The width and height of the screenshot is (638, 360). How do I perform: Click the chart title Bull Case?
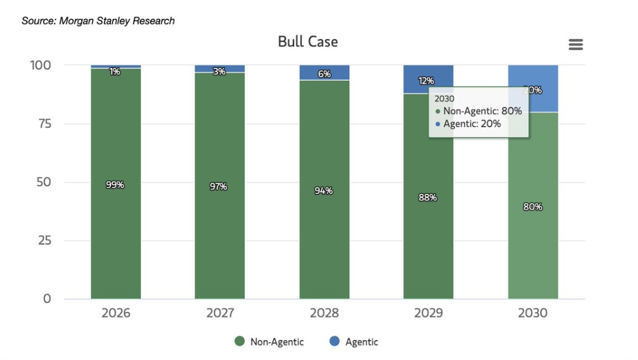307,42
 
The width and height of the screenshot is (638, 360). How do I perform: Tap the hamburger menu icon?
575,45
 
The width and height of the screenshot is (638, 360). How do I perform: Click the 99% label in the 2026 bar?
115,185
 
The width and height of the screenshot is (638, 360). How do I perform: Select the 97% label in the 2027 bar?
219,186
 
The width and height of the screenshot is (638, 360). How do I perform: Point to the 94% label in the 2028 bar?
324,190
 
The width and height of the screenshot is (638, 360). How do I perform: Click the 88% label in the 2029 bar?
428,197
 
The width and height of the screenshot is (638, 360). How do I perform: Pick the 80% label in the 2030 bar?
532,206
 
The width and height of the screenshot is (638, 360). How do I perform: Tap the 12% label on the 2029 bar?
426,81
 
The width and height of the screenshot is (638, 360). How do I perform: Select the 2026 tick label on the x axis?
116,313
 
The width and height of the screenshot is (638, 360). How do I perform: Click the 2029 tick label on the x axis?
428,313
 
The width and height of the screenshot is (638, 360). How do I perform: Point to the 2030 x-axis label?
532,313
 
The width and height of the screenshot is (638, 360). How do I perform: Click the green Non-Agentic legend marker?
239,341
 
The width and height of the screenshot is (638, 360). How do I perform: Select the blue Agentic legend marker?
335,341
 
